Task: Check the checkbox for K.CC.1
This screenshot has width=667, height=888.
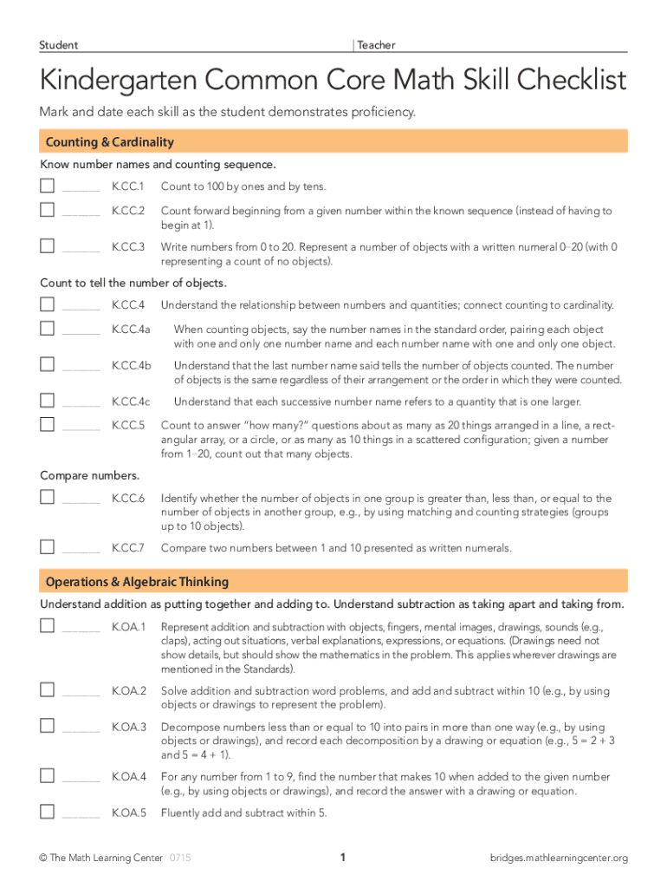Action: point(48,186)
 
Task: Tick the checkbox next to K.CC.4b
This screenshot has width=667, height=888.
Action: point(48,365)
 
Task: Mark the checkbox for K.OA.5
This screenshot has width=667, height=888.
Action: point(48,812)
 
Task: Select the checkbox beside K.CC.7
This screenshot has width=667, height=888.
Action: point(48,546)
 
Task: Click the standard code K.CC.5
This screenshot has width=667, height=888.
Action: point(128,426)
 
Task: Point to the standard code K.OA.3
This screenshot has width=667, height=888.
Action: point(129,727)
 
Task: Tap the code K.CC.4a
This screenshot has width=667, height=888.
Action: point(132,330)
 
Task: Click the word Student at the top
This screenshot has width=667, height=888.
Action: point(59,45)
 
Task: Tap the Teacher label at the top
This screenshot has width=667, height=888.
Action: point(376,45)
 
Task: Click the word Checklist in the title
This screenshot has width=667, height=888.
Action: point(554,81)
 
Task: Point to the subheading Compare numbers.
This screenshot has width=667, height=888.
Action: point(90,475)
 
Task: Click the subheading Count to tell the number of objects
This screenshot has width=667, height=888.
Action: point(133,283)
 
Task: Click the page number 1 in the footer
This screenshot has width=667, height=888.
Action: point(343,858)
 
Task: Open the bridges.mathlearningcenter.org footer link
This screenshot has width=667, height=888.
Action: point(558,859)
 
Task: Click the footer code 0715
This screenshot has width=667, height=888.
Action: point(180,859)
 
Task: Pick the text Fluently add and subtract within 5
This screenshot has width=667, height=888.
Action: point(244,813)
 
